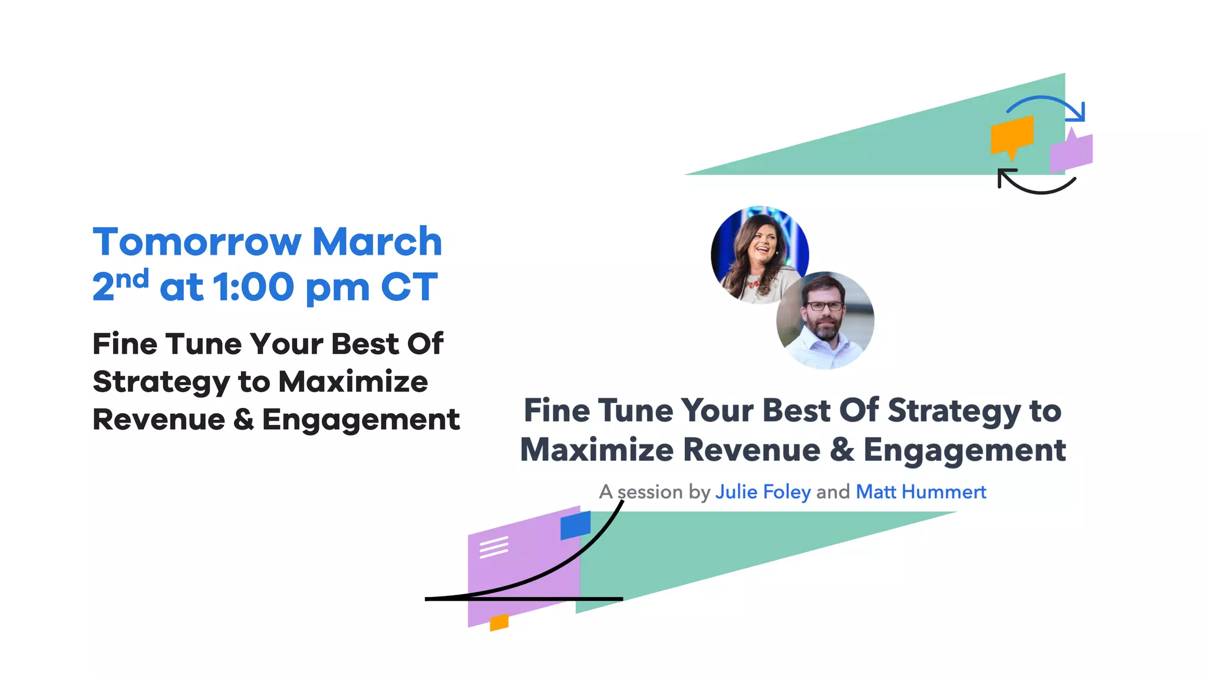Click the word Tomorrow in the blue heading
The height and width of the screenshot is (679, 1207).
[197, 242]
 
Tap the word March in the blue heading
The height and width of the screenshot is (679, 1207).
[377, 242]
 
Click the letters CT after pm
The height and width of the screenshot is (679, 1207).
[409, 288]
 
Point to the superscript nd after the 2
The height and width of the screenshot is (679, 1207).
[132, 278]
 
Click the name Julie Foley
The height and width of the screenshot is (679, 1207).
[763, 492]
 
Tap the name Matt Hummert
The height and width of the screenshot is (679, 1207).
[921, 492]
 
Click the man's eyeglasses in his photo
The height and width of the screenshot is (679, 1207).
[824, 306]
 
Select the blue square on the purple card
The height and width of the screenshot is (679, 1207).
[575, 525]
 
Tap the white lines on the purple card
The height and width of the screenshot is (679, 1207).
[494, 547]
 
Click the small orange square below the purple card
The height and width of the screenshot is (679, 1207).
[499, 622]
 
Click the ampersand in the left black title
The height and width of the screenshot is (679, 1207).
[243, 420]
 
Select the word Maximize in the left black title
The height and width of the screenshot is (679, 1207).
[353, 382]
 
